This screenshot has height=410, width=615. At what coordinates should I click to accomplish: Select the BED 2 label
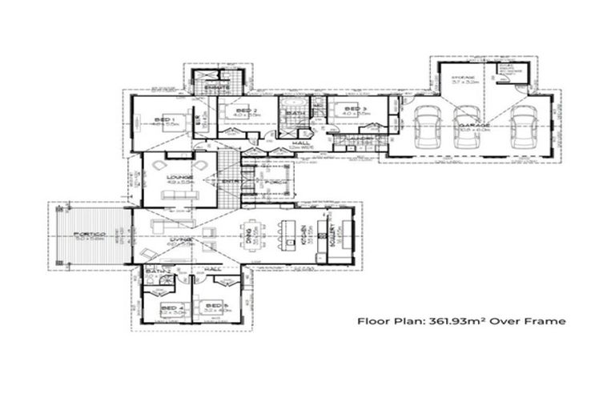pos(248,110)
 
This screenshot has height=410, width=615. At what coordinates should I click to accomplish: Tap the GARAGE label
pos(468,126)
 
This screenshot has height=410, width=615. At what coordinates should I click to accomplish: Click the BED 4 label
pos(171,307)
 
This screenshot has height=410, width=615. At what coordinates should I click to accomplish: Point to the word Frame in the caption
pos(549,321)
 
